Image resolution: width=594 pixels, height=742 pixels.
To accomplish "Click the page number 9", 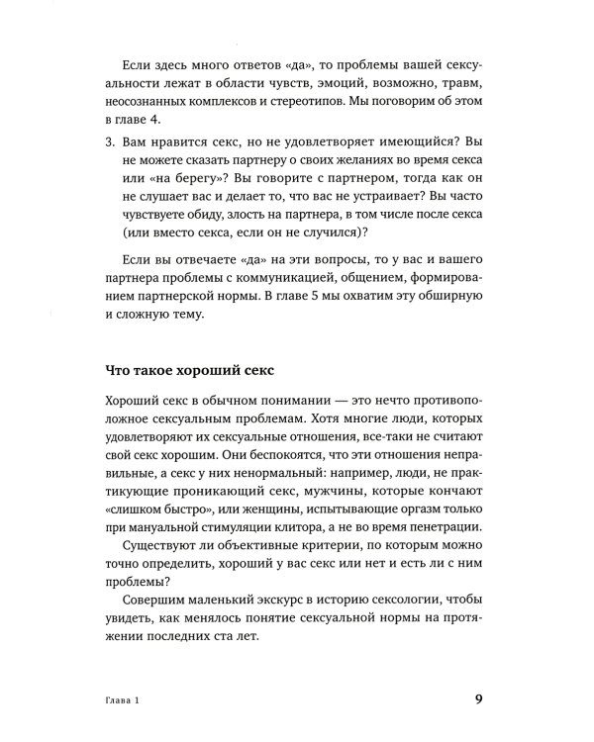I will coord(478,698).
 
